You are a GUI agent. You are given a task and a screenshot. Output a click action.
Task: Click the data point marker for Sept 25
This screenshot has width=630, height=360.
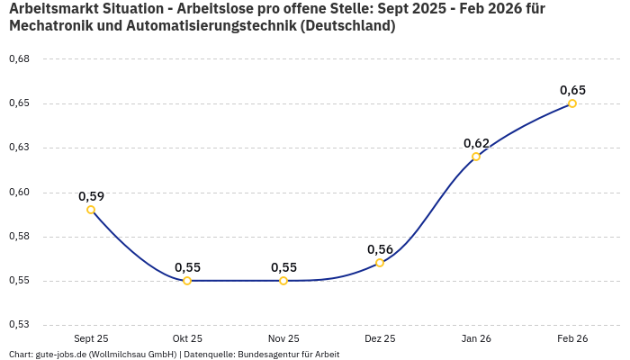(x=91, y=210)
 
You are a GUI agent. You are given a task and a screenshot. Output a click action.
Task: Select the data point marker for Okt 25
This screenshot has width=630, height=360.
(x=187, y=281)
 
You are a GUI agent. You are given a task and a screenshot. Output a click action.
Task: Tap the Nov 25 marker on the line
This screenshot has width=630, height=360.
(x=283, y=281)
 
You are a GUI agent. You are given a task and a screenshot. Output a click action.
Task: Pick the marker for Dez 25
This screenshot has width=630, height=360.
(x=380, y=263)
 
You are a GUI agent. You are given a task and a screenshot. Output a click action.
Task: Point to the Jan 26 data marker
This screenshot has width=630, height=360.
(x=476, y=157)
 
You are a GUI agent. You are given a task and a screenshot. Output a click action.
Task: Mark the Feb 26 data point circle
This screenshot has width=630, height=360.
(x=572, y=103)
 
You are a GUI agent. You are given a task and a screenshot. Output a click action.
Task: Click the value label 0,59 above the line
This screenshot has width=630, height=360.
(x=91, y=196)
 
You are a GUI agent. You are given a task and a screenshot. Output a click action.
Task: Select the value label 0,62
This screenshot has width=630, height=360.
(x=476, y=143)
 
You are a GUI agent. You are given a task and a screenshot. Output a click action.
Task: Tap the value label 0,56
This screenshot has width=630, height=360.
(x=380, y=249)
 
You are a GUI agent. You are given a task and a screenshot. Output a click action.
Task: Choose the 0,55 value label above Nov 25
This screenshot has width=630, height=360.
(x=283, y=267)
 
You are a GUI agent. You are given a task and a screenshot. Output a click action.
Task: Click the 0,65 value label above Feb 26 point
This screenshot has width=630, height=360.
(x=572, y=90)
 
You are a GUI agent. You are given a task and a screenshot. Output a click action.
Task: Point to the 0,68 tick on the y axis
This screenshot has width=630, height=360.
(x=19, y=59)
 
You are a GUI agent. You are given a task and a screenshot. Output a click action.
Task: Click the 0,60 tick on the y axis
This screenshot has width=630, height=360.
(x=19, y=192)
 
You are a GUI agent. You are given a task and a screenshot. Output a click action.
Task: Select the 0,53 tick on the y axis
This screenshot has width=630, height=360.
(x=19, y=325)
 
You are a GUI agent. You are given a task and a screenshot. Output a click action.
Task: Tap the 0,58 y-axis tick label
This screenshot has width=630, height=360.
(x=19, y=237)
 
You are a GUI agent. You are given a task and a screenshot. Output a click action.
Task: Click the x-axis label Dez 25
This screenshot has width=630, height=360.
(x=380, y=338)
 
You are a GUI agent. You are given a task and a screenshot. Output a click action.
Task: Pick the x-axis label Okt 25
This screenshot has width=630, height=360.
(x=187, y=338)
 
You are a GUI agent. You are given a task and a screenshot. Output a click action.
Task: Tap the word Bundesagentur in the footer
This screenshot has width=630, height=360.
(x=267, y=355)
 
